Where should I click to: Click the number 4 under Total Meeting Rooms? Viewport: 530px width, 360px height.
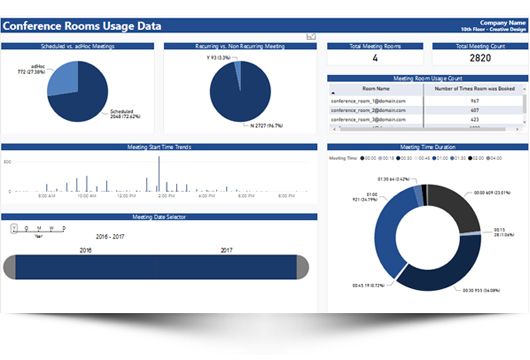coord(375,58)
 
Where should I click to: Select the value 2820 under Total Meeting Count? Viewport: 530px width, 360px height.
coord(480,58)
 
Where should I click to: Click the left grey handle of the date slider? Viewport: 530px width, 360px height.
coord(10,267)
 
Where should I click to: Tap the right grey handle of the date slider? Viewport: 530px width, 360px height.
coord(302,267)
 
